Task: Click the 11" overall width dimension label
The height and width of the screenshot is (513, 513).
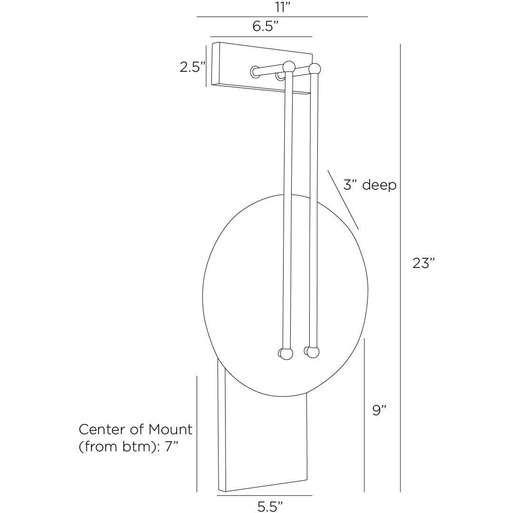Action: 282,7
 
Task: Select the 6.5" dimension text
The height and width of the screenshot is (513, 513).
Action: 265,26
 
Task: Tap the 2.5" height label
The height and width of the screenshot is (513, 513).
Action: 192,67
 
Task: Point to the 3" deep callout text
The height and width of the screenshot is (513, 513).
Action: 370,185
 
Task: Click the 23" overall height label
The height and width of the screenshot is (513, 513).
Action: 423,263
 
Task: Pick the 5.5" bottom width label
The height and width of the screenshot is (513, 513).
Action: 270,506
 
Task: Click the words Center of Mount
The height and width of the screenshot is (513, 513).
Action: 135,429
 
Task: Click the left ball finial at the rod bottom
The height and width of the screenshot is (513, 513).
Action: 286,354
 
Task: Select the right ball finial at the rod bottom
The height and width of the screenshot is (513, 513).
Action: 313,352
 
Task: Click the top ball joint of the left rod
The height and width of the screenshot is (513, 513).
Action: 289,66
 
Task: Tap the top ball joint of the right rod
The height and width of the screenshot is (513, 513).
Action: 314,68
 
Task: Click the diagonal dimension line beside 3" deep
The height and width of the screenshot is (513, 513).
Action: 343,200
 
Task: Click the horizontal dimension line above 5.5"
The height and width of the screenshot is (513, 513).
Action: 264,495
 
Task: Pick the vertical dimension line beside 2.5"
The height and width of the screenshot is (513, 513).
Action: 206,66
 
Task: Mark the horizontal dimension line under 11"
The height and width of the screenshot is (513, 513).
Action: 282,17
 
